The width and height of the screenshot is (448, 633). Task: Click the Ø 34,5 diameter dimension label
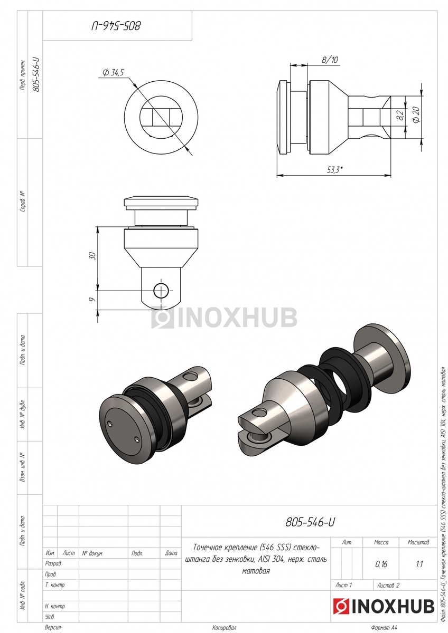click(113, 73)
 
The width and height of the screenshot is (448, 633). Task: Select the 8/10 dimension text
click(330, 60)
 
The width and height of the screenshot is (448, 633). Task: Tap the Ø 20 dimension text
click(416, 114)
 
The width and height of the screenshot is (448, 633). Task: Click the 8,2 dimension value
click(400, 115)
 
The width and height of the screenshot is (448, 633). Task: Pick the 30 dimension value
click(92, 256)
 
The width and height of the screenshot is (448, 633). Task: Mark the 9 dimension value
click(92, 300)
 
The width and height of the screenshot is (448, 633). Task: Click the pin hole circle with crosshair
click(161, 290)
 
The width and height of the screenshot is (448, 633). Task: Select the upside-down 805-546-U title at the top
click(116, 26)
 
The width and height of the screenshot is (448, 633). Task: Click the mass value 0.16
click(381, 564)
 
